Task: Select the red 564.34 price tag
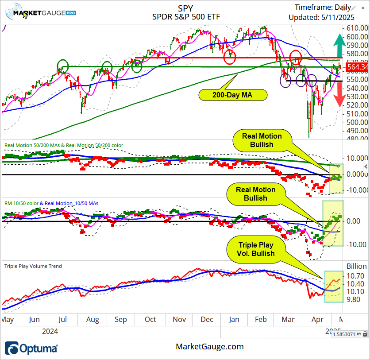click(x=357, y=67)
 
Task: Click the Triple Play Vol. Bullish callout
click(x=256, y=249)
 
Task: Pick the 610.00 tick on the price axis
click(x=358, y=28)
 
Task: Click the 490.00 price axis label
click(x=358, y=131)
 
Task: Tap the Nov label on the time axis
click(x=179, y=319)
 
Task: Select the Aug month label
click(x=92, y=319)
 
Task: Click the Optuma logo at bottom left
click(x=31, y=348)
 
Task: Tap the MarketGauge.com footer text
click(x=210, y=347)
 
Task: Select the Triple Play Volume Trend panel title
click(x=33, y=266)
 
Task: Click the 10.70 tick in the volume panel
click(x=357, y=275)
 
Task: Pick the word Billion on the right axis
click(x=357, y=266)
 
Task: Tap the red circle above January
click(x=230, y=56)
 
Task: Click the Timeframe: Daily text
click(x=323, y=7)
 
